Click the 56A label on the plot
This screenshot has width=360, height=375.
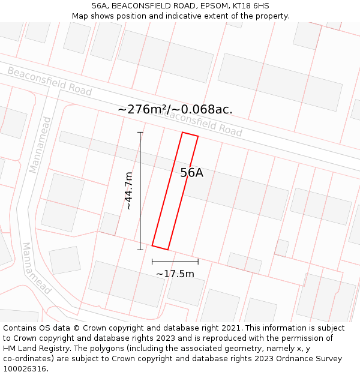pos(192,173)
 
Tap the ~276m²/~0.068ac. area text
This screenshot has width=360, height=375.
pos(175,109)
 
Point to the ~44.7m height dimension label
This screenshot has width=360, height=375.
pos(128,191)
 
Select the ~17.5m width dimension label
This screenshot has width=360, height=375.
pos(175,274)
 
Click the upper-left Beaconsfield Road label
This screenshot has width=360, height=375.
pos(49,81)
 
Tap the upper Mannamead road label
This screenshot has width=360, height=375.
pos(40,145)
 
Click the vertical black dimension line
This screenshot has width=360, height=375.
pos(140,191)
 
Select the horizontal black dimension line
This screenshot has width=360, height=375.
pos(175,262)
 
